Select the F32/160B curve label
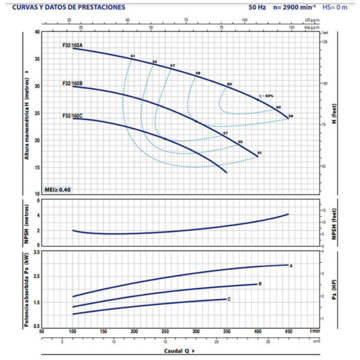[72, 83]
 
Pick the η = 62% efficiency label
[266, 95]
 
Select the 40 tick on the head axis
[37, 32]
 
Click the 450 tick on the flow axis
[289, 331]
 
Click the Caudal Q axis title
[179, 350]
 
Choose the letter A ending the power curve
[291, 265]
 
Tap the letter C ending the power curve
[229, 299]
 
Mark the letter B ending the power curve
[260, 284]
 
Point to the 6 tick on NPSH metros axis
[38, 201]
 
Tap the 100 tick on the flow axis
[73, 331]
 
